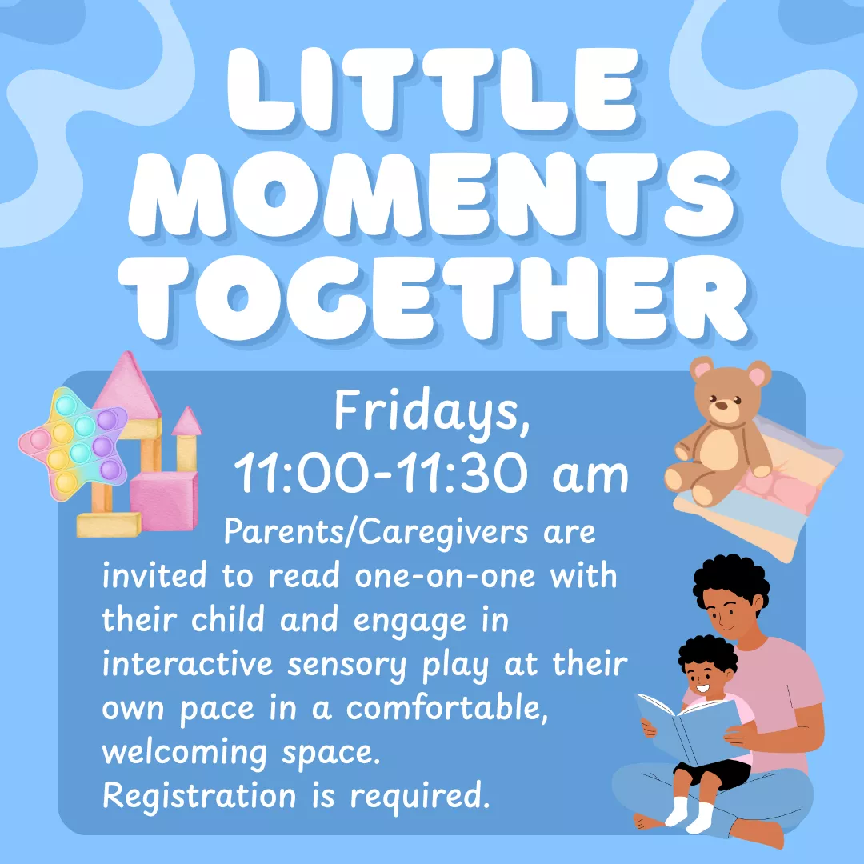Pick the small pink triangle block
pyautogui.click(x=186, y=422)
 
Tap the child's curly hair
pyautogui.click(x=707, y=657)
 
